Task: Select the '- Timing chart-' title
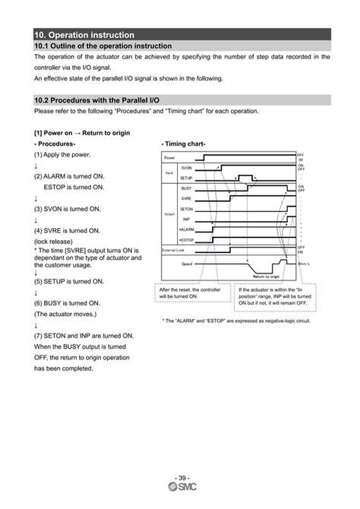pyautogui.click(x=183, y=144)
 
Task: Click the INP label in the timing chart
pyautogui.click(x=187, y=218)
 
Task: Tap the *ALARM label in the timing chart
pyautogui.click(x=186, y=229)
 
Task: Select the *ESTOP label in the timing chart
pyautogui.click(x=186, y=239)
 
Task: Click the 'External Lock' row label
pyautogui.click(x=174, y=250)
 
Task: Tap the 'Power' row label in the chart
pyautogui.click(x=169, y=156)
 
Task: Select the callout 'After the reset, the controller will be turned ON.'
pyautogui.click(x=192, y=292)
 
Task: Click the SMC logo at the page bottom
pyautogui.click(x=180, y=488)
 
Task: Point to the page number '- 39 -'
pyautogui.click(x=180, y=476)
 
